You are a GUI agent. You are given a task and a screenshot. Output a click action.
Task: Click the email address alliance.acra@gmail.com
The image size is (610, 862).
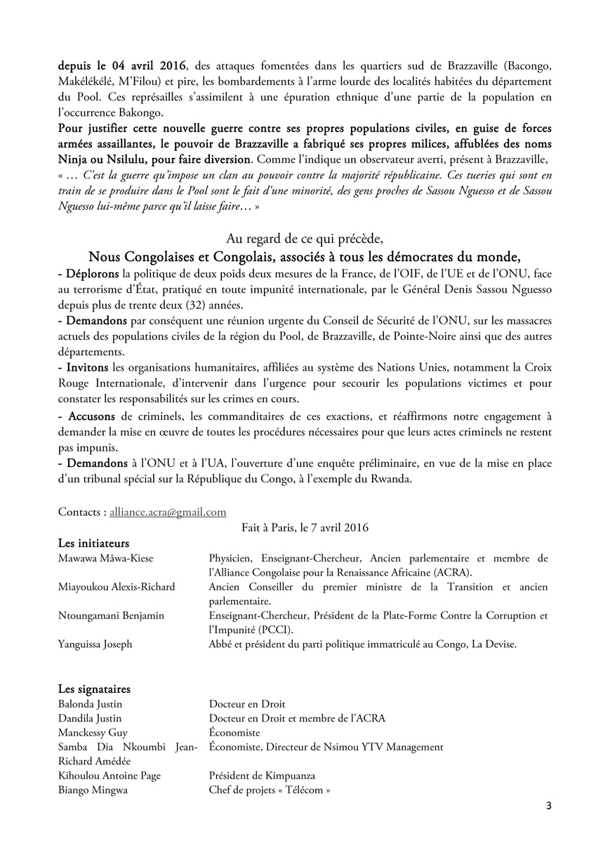(167, 512)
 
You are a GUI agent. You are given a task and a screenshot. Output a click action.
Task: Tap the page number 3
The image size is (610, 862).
(549, 806)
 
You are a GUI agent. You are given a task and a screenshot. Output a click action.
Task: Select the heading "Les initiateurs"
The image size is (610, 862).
(93, 543)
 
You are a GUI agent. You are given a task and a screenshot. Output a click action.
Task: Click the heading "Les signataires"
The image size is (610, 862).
(93, 689)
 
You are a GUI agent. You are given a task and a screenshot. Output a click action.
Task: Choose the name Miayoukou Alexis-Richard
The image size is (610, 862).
(117, 587)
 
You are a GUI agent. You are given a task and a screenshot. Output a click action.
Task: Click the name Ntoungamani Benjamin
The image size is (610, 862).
(111, 616)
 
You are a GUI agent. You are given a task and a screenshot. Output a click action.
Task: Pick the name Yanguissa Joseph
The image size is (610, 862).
(95, 644)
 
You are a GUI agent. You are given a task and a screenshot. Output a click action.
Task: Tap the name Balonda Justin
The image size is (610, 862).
(91, 704)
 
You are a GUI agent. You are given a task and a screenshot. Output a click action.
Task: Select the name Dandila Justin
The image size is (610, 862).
(90, 718)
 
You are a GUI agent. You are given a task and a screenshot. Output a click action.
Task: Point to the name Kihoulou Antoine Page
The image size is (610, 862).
(109, 776)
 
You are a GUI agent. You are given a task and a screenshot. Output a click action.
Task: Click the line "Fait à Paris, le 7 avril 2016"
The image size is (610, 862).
(305, 526)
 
